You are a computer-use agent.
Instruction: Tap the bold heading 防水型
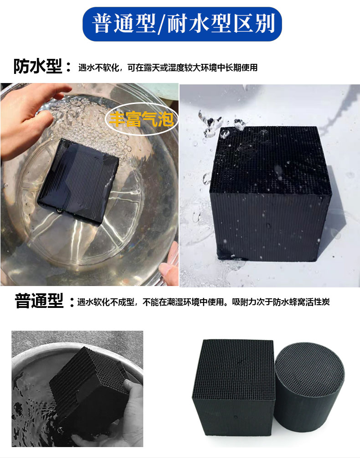(38, 66)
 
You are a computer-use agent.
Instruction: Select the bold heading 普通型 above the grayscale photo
(39, 301)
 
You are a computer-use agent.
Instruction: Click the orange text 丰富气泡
(141, 119)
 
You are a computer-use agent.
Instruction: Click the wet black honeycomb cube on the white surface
(271, 193)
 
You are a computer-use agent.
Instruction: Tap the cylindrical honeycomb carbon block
(309, 389)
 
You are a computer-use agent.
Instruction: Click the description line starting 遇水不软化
(168, 68)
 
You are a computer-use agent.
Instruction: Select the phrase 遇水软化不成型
(106, 302)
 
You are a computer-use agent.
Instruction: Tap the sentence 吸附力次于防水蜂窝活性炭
(281, 302)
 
